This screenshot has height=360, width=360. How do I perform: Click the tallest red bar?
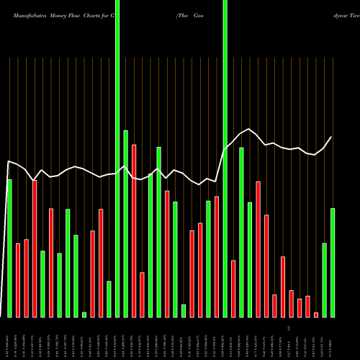click(x=134, y=230)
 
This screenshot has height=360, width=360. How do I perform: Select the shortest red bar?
click(x=315, y=315)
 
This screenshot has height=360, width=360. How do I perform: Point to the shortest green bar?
click(x=84, y=314)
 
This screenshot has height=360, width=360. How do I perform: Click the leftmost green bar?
click(x=9, y=248)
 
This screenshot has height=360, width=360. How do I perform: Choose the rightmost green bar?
click(x=333, y=262)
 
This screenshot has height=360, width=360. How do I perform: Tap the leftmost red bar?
click(x=18, y=280)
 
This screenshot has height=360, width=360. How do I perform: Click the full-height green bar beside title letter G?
click(x=117, y=158)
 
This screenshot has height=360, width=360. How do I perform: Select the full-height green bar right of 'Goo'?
click(x=225, y=158)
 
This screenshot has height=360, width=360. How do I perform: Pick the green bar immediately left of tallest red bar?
click(x=126, y=223)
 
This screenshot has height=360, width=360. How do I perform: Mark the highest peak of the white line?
click(x=249, y=129)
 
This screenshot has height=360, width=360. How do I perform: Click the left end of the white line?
click(x=7, y=161)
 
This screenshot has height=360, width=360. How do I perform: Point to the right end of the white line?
click(x=332, y=137)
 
